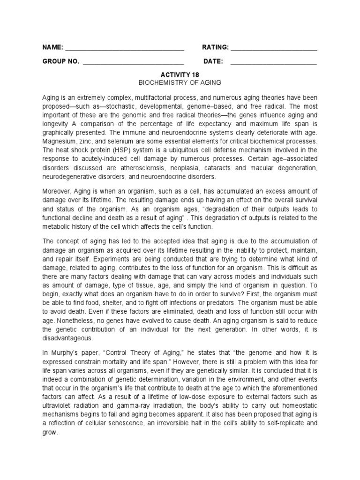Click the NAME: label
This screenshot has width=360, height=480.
coord(52,47)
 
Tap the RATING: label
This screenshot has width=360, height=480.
coord(215,47)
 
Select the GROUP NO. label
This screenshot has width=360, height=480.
coord(61,61)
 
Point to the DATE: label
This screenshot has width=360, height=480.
coord(213,61)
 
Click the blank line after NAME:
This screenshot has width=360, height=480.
coord(124,48)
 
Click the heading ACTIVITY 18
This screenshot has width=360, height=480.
coord(180,75)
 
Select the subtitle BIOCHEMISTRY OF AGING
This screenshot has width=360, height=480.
coord(180,82)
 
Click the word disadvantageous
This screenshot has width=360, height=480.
coord(67,337)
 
